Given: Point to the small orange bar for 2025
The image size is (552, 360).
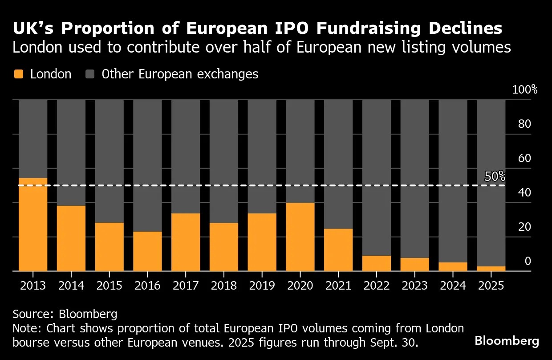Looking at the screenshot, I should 491,269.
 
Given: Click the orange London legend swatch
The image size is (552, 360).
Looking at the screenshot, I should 18,74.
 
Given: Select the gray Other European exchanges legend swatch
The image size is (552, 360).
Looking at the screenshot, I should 90,74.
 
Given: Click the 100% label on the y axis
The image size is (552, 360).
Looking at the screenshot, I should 525,90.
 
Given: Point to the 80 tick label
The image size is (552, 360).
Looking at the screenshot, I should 525,124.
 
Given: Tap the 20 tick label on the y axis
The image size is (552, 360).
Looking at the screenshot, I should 525,227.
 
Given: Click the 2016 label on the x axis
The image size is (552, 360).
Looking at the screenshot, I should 147,285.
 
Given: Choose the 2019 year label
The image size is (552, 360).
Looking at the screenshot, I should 262,285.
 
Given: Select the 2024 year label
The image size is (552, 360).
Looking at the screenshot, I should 453,285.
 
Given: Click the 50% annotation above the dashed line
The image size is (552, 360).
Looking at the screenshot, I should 495,176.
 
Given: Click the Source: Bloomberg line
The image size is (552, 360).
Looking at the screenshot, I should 65,314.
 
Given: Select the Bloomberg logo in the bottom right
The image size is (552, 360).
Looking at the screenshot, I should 507,341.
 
